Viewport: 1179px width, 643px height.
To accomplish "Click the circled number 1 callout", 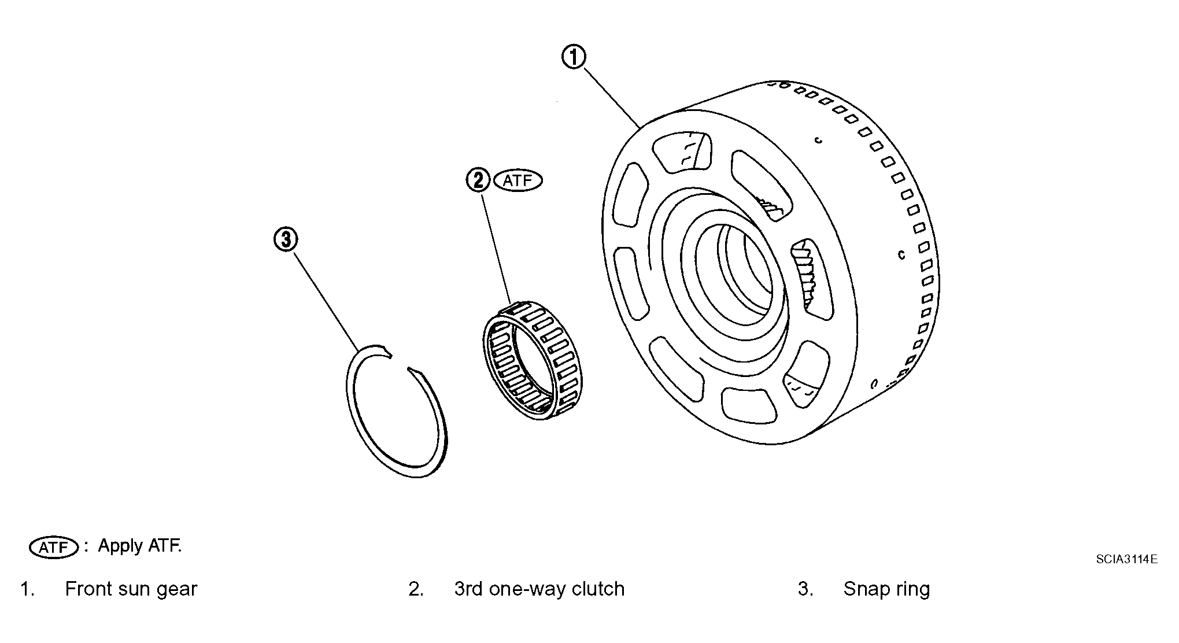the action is tap(574, 58).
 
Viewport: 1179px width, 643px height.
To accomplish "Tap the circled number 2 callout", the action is tap(478, 180).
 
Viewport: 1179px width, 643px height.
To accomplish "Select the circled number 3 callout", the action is tap(286, 239).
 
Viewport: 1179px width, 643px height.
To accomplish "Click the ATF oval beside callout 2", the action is tap(518, 180).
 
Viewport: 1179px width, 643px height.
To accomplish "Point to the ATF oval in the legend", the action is tap(53, 547).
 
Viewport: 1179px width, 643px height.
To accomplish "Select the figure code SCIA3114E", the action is tap(1126, 559).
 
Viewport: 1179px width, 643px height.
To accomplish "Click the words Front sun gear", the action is tap(131, 589).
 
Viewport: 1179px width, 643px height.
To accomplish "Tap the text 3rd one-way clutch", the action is tap(539, 589).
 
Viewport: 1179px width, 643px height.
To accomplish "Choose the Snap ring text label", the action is tap(886, 589).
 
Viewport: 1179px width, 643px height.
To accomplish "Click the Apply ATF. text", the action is tap(139, 545).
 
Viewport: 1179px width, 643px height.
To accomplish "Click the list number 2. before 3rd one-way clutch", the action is tap(416, 589).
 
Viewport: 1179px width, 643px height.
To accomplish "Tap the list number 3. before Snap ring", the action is tap(805, 589).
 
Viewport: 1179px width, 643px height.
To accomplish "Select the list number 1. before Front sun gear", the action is tap(27, 589).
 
